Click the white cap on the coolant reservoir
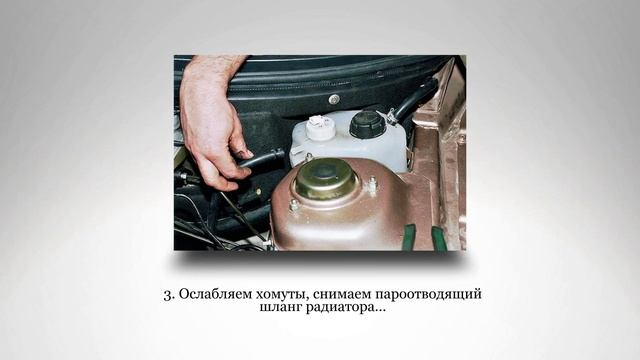pos(320,127)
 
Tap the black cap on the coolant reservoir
pos(367,124)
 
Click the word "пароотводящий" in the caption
pos(435,296)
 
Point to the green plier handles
pos(424,238)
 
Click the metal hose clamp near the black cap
pos(393,118)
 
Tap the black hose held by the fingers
pos(262,160)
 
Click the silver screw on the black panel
pos(333,99)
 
